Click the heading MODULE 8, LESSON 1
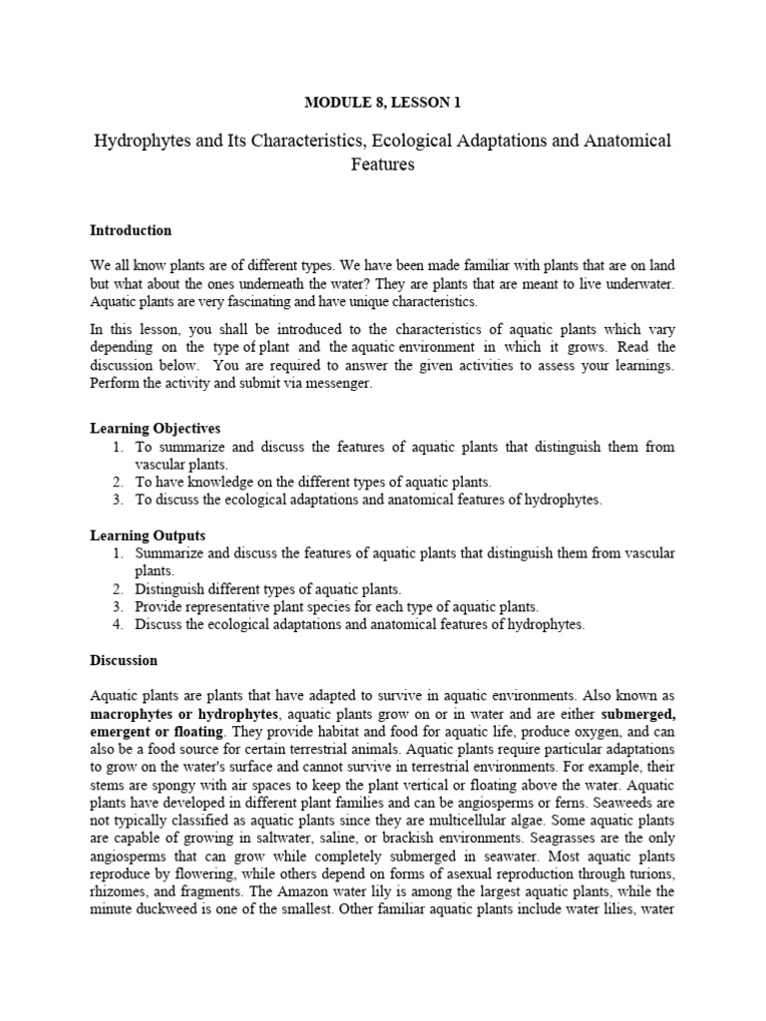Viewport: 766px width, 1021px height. tap(382, 102)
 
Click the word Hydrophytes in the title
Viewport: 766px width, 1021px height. tap(140, 141)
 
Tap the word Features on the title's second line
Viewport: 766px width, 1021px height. tap(382, 165)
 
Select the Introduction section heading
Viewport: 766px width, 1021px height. tap(131, 230)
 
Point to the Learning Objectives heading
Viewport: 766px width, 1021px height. tap(155, 428)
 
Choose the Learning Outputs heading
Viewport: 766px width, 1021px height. tap(148, 535)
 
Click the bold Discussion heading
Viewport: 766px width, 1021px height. tap(124, 660)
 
